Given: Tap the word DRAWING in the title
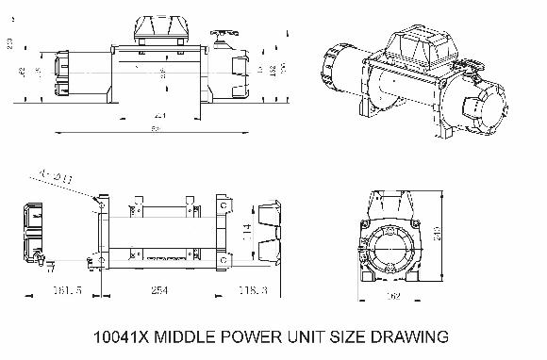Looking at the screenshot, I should (x=404, y=336).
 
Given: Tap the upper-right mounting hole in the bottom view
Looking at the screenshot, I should (x=223, y=202).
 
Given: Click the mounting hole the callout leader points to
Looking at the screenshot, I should (x=97, y=202).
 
